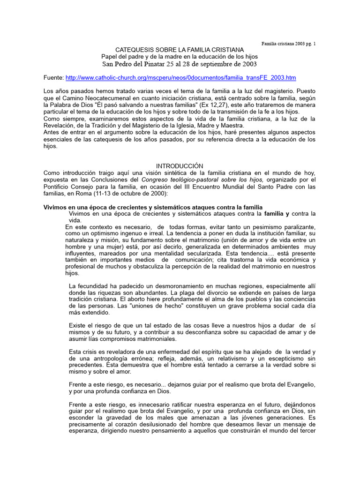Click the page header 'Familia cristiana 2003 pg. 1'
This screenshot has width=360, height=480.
(288, 44)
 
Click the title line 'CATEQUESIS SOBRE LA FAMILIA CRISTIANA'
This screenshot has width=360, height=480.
(180, 50)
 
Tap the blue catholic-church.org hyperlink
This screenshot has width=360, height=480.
(180, 77)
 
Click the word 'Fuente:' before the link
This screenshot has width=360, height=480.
(53, 77)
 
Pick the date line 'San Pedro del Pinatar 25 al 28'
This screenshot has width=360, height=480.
(180, 64)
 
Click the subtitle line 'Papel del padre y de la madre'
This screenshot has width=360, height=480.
(180, 57)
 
